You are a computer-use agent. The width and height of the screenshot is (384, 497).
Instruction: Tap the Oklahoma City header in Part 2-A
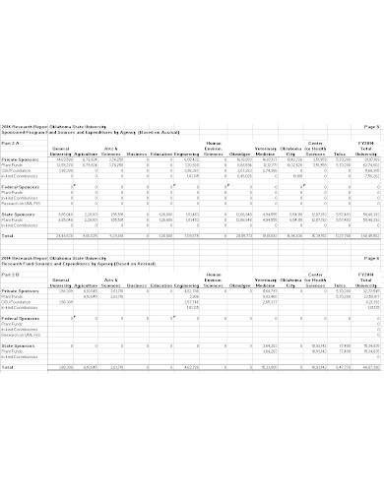292,150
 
